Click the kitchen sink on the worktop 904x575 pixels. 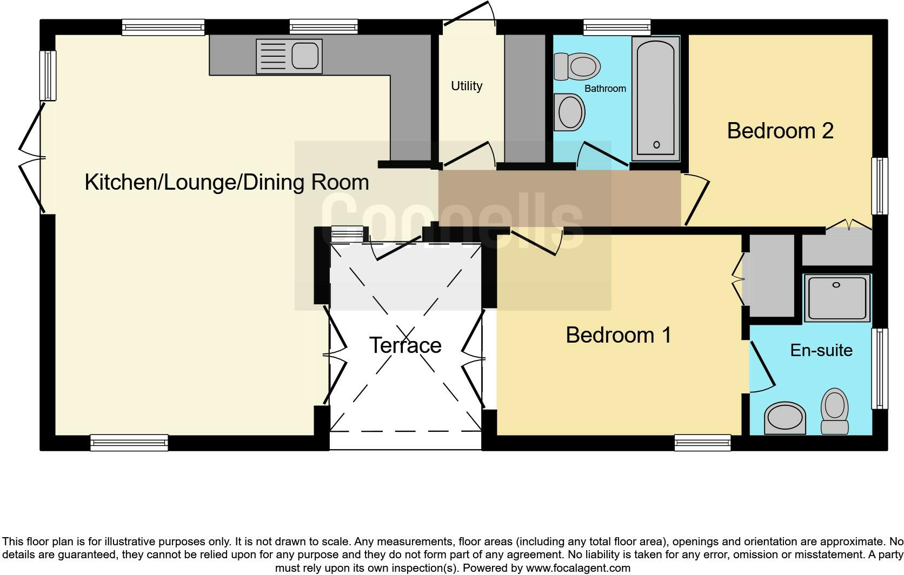click(x=289, y=56)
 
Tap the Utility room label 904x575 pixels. click(x=467, y=86)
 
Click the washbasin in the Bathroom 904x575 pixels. click(x=569, y=112)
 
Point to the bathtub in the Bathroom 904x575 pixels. click(x=655, y=98)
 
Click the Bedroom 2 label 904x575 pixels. click(x=780, y=131)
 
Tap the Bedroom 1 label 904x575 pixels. click(x=618, y=335)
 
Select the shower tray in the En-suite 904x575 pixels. click(x=836, y=298)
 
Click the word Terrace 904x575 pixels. click(x=405, y=345)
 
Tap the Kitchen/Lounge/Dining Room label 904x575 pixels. click(x=227, y=182)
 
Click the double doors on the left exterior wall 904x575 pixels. click(x=31, y=158)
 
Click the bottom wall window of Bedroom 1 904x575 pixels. click(x=702, y=443)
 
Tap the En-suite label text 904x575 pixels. click(x=821, y=350)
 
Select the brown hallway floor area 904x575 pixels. click(x=557, y=197)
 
